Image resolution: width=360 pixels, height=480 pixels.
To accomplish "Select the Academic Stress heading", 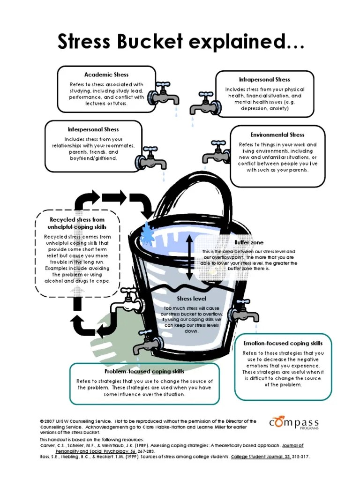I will pyautogui.click(x=106, y=75).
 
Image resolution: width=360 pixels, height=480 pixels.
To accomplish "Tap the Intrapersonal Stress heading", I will pyautogui.click(x=264, y=80).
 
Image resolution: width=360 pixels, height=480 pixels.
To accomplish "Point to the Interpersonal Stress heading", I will pyautogui.click(x=93, y=129).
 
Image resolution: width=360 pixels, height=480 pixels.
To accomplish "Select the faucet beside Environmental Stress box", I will pyautogui.click(x=217, y=152).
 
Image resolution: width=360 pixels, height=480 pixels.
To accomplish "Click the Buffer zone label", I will pyautogui.click(x=249, y=242).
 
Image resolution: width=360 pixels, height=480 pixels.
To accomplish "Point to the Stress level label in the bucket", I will pyautogui.click(x=191, y=299).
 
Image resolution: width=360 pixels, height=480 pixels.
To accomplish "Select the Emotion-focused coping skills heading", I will pyautogui.click(x=283, y=343).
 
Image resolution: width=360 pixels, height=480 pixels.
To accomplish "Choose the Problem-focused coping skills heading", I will pyautogui.click(x=144, y=372).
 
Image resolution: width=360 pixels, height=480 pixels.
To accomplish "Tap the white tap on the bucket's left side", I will pyautogui.click(x=125, y=304).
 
